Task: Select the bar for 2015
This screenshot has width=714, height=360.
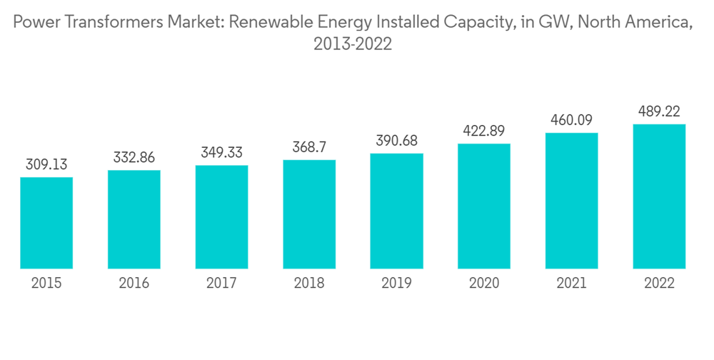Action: tap(46, 223)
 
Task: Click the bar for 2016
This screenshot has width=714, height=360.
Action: tap(134, 219)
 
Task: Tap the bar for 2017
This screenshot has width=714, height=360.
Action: tap(221, 217)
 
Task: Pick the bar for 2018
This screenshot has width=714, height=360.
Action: tap(309, 214)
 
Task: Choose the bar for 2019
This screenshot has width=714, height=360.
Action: tap(396, 211)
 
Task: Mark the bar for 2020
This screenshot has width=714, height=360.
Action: tap(484, 206)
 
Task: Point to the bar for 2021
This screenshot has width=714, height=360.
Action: tap(571, 201)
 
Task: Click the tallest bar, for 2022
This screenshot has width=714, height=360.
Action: tap(659, 196)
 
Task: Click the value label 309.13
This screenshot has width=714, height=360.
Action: tap(46, 164)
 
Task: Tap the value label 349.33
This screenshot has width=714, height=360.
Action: tap(221, 153)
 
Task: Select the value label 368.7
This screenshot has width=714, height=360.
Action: tap(309, 147)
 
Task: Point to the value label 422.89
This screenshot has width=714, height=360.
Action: tap(484, 131)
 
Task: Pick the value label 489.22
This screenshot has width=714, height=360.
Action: tap(659, 111)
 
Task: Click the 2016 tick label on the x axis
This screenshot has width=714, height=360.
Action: tap(134, 284)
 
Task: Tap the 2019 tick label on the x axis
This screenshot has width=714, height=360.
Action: tap(396, 284)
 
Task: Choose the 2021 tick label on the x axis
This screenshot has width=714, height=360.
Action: tap(571, 284)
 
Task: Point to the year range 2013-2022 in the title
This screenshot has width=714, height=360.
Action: tap(353, 44)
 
